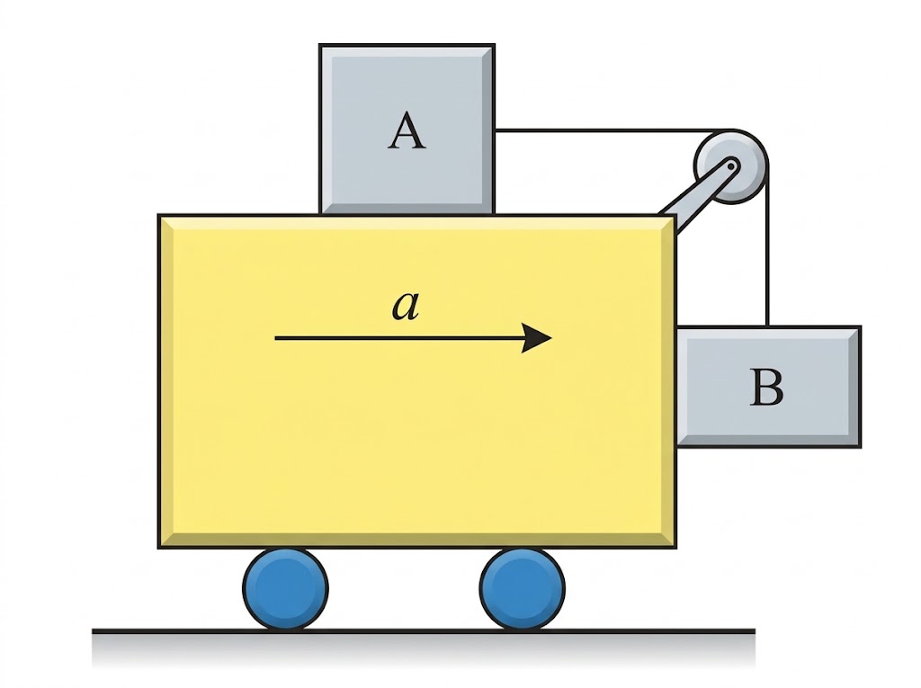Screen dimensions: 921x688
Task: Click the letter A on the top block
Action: point(407,131)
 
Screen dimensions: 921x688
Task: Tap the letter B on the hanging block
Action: point(766,387)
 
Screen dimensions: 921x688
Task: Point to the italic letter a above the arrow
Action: point(406,306)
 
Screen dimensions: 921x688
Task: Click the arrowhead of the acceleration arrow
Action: point(537,338)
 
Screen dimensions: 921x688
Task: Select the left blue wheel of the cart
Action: point(285,588)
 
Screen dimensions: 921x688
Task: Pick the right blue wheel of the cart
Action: point(523,588)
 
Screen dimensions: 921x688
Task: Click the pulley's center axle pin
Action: point(730,166)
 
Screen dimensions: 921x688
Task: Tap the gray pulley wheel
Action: point(730,166)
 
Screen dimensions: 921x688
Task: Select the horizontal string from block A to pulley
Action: point(611,130)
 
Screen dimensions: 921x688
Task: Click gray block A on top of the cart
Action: point(407,129)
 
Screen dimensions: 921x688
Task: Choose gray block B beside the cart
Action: point(769,387)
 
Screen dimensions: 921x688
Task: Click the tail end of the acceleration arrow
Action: point(275,338)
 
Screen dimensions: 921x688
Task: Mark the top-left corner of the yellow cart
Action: point(158,214)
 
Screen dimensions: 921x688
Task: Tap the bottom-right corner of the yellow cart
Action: point(676,549)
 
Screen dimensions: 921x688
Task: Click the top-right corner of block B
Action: point(861,326)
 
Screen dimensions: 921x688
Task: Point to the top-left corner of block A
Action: point(319,44)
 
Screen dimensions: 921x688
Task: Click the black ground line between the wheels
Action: point(404,631)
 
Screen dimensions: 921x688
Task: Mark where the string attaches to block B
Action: point(766,326)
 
